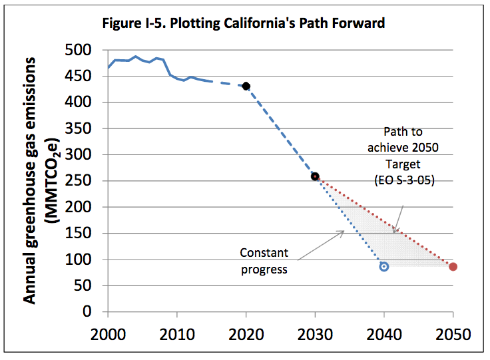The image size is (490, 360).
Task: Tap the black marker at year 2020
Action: coord(246,86)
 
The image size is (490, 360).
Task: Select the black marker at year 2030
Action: coord(315,176)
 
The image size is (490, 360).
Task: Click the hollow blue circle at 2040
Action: coord(384,266)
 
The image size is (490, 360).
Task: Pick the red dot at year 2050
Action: coord(453,267)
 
